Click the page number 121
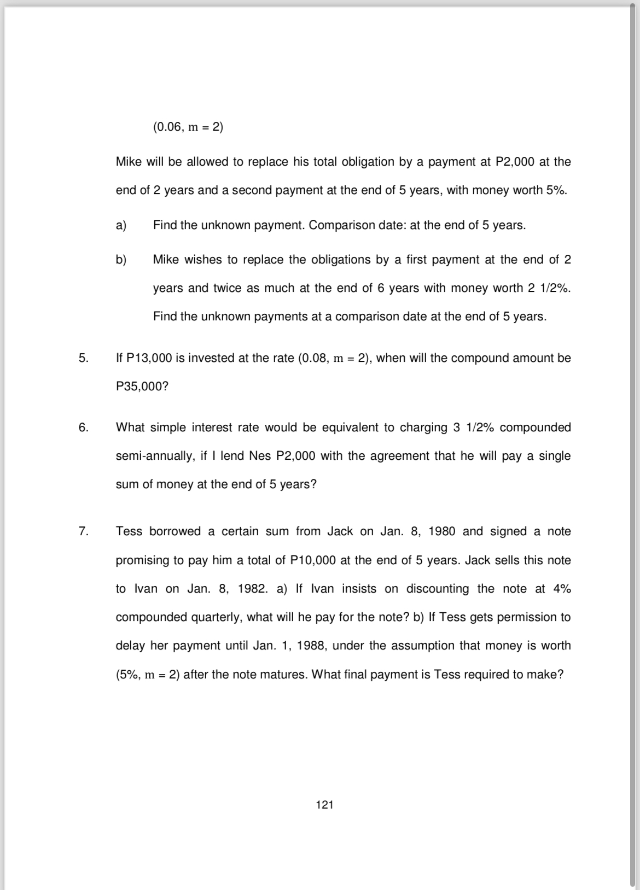(x=324, y=804)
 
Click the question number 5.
(x=83, y=358)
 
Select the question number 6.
(x=83, y=428)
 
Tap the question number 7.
(x=83, y=531)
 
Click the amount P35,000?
(x=142, y=387)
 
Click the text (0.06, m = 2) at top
(x=188, y=127)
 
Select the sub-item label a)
(x=121, y=225)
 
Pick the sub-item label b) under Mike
(x=121, y=260)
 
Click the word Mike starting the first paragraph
(x=129, y=162)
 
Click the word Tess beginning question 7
(x=129, y=531)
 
